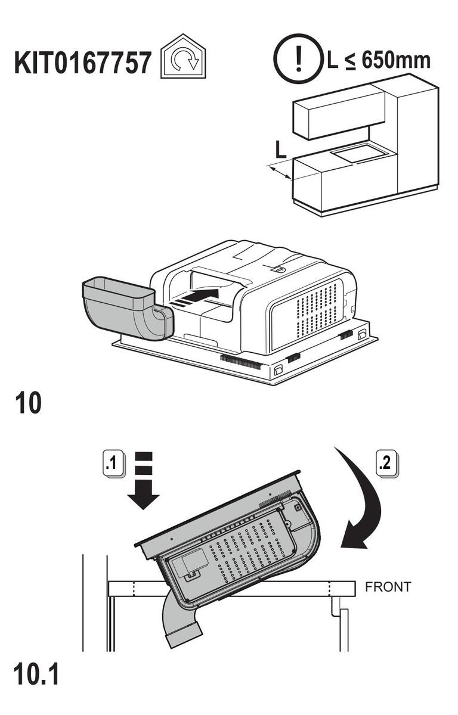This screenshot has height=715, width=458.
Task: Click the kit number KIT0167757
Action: (82, 62)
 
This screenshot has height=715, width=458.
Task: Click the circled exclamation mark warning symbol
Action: (298, 60)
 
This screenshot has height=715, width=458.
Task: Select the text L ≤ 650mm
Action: (378, 60)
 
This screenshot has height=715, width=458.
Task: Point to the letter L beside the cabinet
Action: (280, 150)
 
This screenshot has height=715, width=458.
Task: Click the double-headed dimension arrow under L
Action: (280, 173)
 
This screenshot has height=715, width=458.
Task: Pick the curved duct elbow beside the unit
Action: (128, 307)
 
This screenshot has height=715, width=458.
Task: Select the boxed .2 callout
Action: (386, 463)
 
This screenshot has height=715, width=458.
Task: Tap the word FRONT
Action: (388, 587)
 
